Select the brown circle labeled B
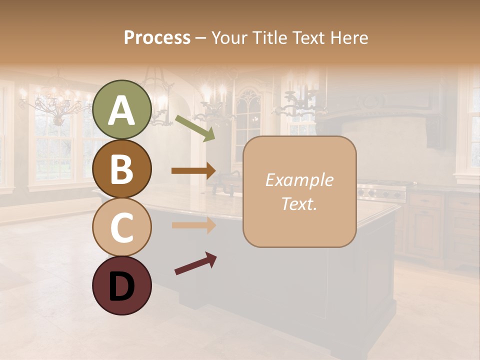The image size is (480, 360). point(122,168)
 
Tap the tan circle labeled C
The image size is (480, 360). point(122,227)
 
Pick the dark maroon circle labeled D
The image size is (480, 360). point(122,286)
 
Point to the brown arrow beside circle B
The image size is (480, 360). point(194,170)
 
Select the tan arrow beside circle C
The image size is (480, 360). point(194,225)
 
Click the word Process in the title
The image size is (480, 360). point(157,38)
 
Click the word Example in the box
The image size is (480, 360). point(299,180)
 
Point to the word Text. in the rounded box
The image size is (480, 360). point(299,203)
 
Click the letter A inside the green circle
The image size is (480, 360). point(122,111)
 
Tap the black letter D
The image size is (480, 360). point(122,287)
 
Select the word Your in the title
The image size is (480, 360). point(228,38)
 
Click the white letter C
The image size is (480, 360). point(122,228)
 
